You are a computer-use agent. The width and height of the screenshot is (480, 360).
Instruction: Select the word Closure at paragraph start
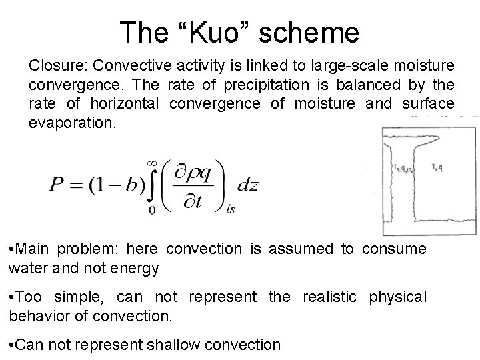pos(58,66)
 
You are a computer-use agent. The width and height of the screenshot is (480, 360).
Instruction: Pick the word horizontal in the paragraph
pos(125,104)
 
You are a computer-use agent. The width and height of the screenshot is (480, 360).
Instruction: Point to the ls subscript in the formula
pos(231,208)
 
